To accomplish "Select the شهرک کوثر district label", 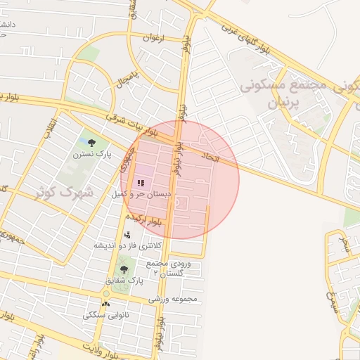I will [70, 191].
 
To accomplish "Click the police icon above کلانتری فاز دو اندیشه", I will [127, 235].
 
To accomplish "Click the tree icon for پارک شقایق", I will [124, 269].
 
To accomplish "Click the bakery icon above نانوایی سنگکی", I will [105, 304].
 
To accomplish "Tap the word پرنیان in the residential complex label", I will [285, 103].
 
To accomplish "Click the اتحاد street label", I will [211, 157].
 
